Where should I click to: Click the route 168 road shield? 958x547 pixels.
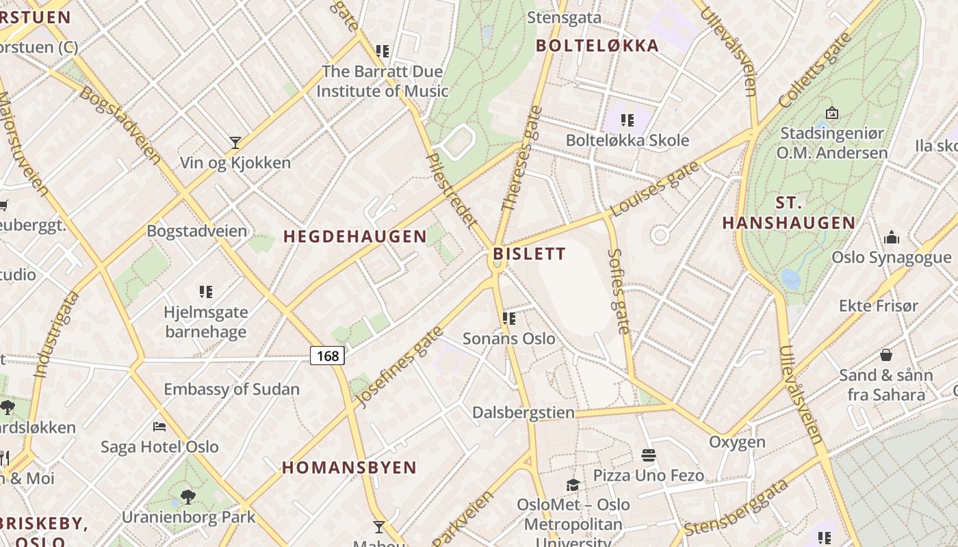point(328,356)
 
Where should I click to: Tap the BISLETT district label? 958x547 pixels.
point(530,254)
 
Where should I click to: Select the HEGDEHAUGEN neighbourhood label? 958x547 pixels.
point(355,237)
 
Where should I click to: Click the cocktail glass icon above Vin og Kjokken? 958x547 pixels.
point(235,142)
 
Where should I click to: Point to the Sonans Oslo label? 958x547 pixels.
point(509,338)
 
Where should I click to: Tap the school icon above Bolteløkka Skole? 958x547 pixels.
point(627,121)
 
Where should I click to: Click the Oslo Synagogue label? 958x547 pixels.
point(892,258)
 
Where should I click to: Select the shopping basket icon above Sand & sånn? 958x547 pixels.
point(886,355)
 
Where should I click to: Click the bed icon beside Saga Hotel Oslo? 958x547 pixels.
point(159,427)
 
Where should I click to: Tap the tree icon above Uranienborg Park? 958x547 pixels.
point(188,496)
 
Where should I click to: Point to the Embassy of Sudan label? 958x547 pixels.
point(232,389)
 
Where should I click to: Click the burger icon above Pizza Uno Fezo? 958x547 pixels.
point(648,455)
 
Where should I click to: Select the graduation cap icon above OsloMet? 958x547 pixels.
point(573,485)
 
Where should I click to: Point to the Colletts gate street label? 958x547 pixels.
point(814,70)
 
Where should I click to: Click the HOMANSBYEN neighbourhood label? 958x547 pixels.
point(350,468)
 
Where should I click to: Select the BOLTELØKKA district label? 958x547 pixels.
point(597,46)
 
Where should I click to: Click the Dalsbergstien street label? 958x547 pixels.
point(523,413)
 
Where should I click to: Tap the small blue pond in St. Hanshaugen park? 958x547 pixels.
point(790,279)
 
